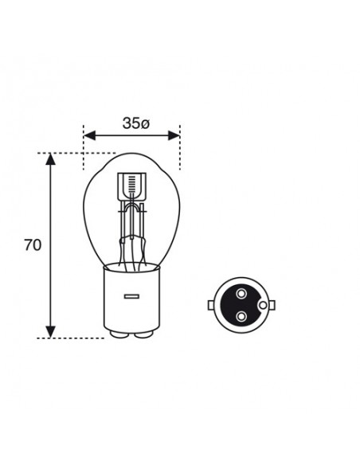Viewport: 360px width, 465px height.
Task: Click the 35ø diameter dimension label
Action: [x=136, y=123]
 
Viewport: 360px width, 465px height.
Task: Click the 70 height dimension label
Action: [x=33, y=245]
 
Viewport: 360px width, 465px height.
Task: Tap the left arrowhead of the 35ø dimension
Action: [x=89, y=135]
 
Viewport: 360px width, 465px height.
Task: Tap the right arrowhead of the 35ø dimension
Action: [x=174, y=135]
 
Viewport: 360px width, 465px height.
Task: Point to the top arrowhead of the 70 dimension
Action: [x=51, y=159]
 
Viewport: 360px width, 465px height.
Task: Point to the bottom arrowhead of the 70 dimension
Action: [x=51, y=332]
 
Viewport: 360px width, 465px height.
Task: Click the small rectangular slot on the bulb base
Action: [x=131, y=296]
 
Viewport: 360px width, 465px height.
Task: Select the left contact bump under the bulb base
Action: [x=119, y=334]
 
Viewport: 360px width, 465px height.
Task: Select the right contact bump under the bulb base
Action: [x=144, y=334]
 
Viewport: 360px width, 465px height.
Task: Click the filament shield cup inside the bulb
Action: [x=131, y=187]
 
